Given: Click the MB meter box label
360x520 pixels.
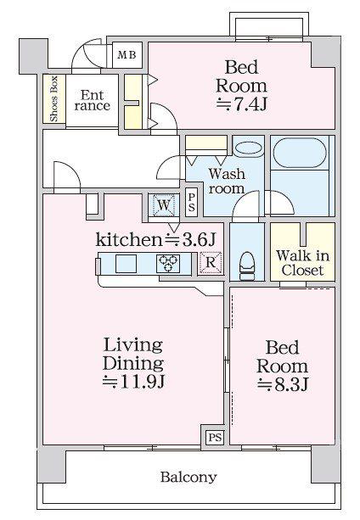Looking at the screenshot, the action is point(127,55).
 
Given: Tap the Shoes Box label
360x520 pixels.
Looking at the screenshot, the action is point(53,99).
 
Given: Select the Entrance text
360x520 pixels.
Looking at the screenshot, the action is point(93,100).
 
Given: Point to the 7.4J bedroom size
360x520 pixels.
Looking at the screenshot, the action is point(241,104).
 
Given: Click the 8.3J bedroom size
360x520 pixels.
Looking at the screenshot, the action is point(283,384).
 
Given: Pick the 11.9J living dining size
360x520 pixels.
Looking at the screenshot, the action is point(133,382).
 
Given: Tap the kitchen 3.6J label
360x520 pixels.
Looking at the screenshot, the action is point(156,239).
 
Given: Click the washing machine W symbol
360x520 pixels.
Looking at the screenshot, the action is point(164,205).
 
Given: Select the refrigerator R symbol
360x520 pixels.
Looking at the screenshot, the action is point(211,262).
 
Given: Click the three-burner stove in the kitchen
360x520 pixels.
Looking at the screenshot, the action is point(168,263).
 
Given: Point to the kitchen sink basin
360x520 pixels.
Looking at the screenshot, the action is point(126,263).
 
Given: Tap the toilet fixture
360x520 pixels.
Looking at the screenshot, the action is point(247,266).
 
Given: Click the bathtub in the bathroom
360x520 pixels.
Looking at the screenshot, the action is point(300,153).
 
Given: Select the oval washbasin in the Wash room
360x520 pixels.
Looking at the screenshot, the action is point(249,148).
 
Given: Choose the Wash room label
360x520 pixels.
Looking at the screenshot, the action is point(227,181).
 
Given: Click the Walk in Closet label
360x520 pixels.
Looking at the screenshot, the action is point(302,263).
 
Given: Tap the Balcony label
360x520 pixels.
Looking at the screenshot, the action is point(188,477).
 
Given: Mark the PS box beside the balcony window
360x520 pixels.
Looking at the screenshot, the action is point(215,438).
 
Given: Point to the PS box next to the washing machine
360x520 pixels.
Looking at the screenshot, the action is point(191,203).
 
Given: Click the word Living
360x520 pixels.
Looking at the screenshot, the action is point(133,345).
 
